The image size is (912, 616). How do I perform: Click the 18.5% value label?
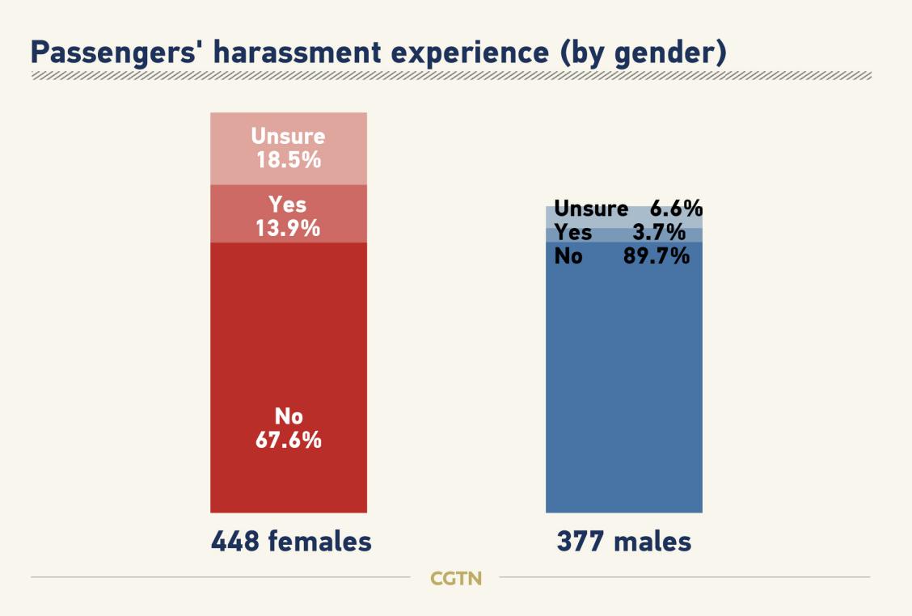(x=288, y=159)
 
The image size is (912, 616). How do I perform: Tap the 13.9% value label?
(x=288, y=229)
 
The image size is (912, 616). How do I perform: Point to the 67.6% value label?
(x=288, y=441)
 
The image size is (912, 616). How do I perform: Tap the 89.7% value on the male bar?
(x=657, y=257)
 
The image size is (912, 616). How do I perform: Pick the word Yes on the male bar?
(x=572, y=234)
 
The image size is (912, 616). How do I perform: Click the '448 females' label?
(x=291, y=541)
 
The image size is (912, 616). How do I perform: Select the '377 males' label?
(x=623, y=541)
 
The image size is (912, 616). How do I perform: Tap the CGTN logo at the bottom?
(x=456, y=579)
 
